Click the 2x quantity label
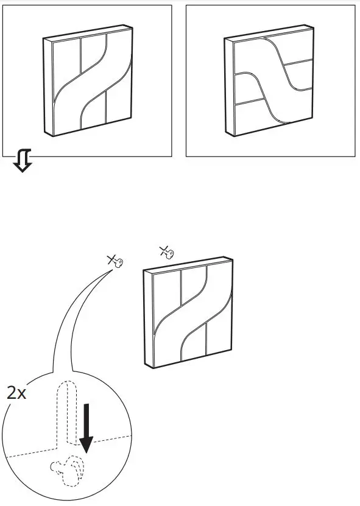pos(16,393)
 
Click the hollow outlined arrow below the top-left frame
pos(23,163)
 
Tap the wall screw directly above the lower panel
pos(166,251)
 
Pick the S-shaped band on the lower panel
pos(189,317)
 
